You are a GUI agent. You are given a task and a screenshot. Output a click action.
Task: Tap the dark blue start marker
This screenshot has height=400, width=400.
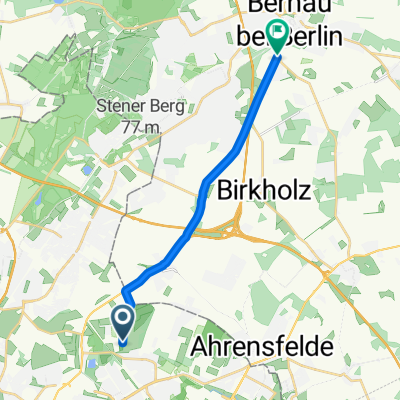point(122,323)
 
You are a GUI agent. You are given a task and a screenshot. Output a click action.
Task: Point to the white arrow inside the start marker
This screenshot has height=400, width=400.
point(122,320)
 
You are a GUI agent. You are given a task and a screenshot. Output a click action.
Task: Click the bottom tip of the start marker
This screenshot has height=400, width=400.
point(122,341)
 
